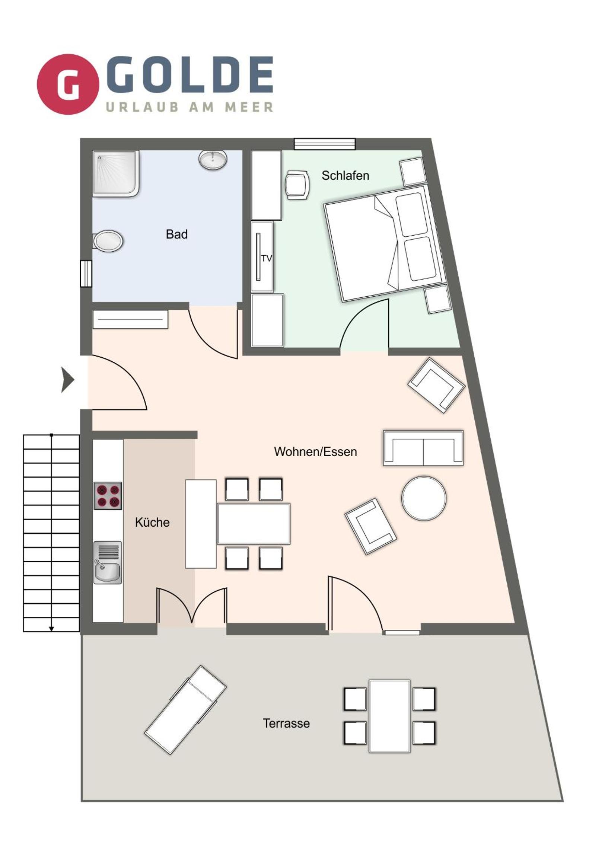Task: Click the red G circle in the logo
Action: [68, 84]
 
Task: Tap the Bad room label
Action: [176, 234]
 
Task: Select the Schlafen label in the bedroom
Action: [346, 176]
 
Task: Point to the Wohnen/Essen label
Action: [316, 452]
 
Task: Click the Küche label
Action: [152, 522]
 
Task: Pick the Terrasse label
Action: [286, 723]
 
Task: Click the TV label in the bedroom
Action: [267, 258]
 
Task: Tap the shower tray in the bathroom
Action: [116, 174]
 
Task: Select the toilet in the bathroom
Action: [108, 241]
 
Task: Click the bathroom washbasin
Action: [213, 160]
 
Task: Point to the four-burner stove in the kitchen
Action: [108, 496]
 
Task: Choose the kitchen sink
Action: [108, 563]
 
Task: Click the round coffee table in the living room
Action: [424, 498]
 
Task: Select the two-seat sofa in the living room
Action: [423, 448]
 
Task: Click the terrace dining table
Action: [390, 716]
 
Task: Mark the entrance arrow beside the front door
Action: [67, 380]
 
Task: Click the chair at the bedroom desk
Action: [297, 185]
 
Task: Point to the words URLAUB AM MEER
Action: [190, 108]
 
